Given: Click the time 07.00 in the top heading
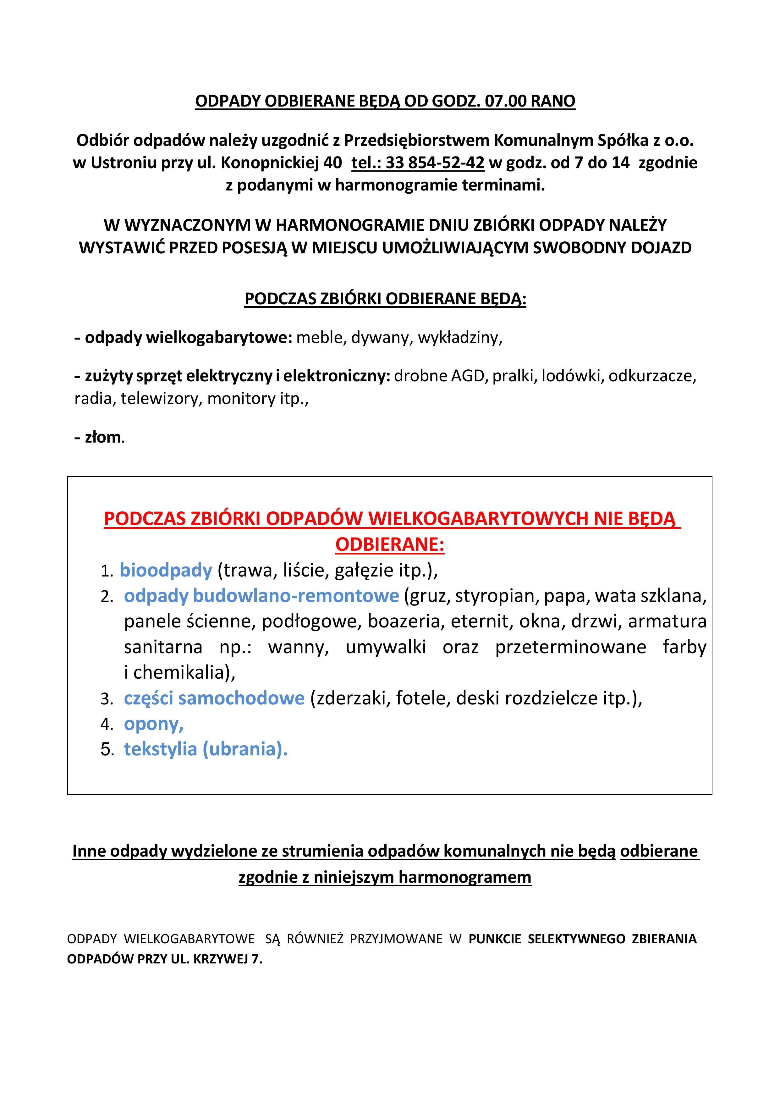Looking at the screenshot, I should [506, 101].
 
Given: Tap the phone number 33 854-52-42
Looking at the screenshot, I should [435, 163].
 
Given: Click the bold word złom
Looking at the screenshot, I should [103, 437].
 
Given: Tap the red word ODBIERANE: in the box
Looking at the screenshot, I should [389, 545].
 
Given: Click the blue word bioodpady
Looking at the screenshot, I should [166, 570].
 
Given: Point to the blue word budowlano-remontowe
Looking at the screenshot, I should [296, 596].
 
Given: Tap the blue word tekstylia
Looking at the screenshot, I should [160, 749].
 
